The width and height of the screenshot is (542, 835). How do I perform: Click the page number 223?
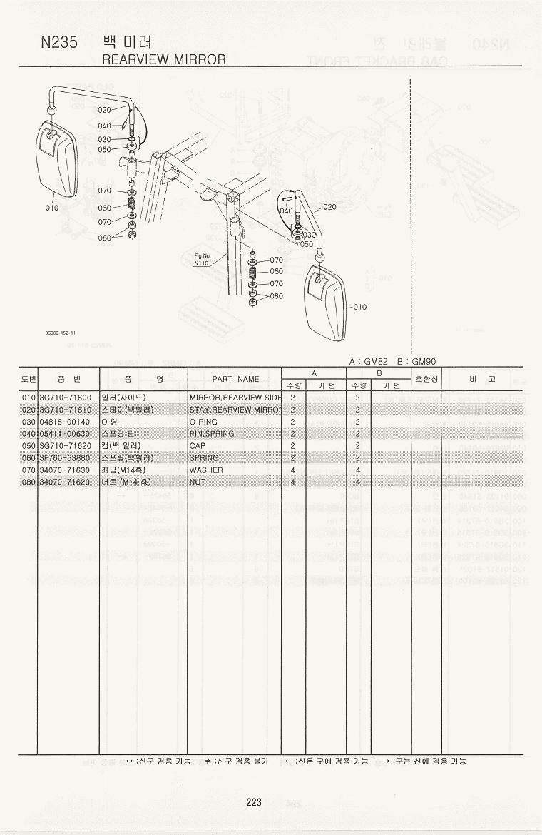(254, 802)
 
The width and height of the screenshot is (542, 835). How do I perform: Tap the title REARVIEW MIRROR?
(164, 59)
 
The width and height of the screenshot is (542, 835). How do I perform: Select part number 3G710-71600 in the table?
(66, 397)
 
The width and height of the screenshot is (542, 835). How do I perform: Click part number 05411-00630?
(66, 433)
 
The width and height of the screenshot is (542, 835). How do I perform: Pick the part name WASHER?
(206, 470)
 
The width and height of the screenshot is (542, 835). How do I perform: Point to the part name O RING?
(204, 421)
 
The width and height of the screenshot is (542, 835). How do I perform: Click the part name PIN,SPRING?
(212, 433)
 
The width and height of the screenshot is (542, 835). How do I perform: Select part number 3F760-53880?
(66, 458)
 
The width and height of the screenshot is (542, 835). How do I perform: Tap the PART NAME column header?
(235, 379)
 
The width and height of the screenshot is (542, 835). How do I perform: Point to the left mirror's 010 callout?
(51, 208)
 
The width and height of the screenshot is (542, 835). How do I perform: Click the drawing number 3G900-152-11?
(60, 333)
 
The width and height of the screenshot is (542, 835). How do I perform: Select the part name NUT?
(198, 482)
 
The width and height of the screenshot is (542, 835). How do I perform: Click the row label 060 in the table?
(29, 458)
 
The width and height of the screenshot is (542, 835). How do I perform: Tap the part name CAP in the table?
(198, 446)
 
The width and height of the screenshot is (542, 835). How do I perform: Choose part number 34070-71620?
(66, 482)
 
